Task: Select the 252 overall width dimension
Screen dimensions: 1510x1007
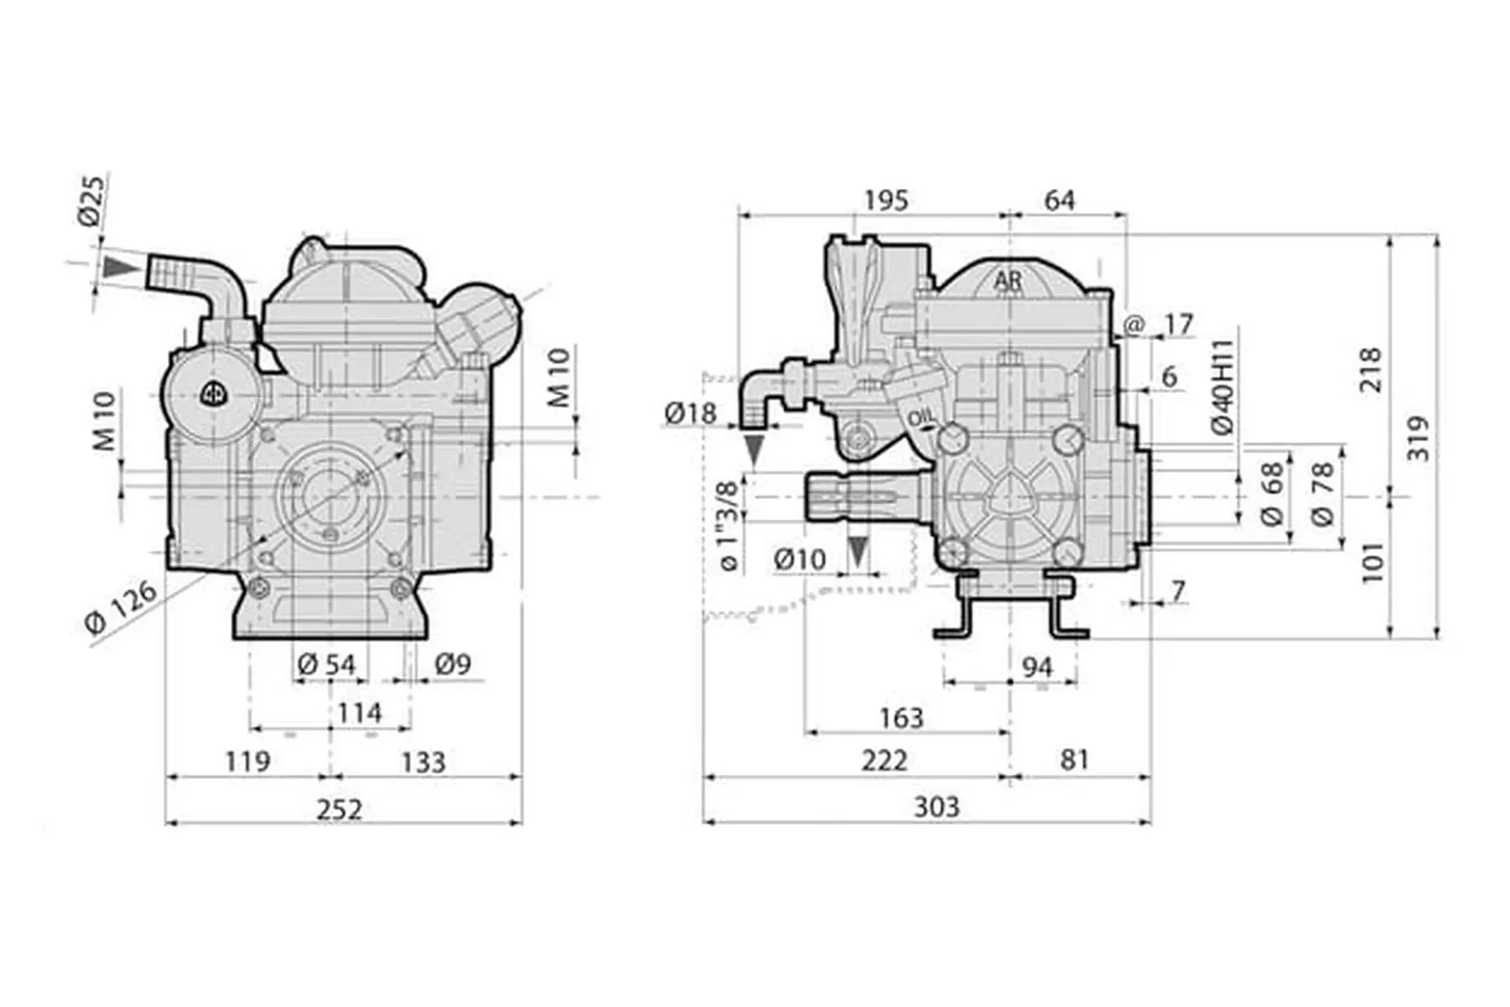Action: [339, 808]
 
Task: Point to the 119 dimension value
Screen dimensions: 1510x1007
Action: [247, 762]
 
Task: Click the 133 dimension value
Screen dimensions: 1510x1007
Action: [423, 762]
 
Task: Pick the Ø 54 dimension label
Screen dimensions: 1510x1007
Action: [327, 665]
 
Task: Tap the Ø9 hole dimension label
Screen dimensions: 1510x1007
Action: [452, 665]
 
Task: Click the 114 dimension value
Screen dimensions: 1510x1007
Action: [359, 714]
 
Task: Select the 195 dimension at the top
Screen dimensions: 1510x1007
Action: [886, 201]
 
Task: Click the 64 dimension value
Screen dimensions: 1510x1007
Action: [1059, 201]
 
